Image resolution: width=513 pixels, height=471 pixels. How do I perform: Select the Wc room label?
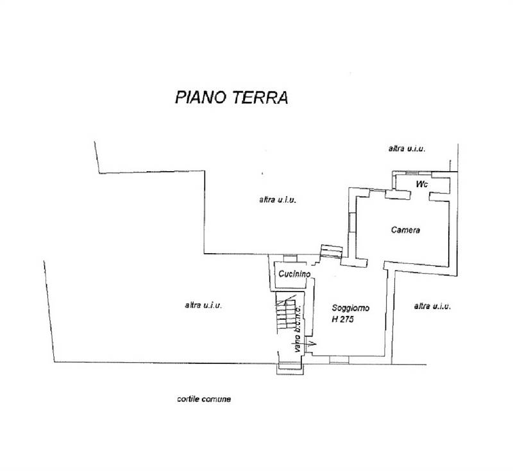pyautogui.click(x=421, y=184)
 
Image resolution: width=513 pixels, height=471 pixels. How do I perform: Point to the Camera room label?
pyautogui.click(x=405, y=230)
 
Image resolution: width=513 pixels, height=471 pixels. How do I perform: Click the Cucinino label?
pyautogui.click(x=294, y=274)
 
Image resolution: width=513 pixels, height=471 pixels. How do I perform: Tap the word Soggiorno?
pyautogui.click(x=351, y=308)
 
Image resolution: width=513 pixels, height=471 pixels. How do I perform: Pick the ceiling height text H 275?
pyautogui.click(x=344, y=319)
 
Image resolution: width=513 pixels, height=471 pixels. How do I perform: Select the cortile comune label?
pyautogui.click(x=204, y=399)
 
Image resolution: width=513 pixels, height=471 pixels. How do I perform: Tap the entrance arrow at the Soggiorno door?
pyautogui.click(x=312, y=345)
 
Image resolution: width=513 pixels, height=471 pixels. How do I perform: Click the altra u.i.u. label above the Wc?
pyautogui.click(x=407, y=149)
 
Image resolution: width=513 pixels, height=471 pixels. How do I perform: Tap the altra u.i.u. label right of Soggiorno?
pyautogui.click(x=432, y=306)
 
